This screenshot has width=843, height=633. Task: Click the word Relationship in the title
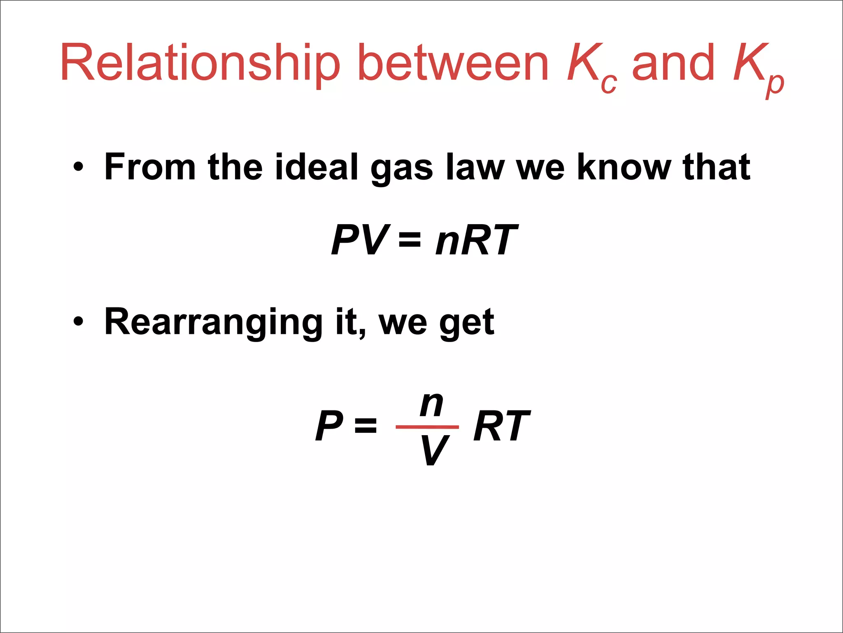[x=200, y=63]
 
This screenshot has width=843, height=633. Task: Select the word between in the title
[x=453, y=63]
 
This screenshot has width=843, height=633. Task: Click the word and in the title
[x=673, y=63]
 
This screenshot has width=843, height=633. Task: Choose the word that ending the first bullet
[x=716, y=166]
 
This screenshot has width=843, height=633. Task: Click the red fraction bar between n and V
[x=427, y=427]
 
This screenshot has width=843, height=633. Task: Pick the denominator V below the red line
[x=434, y=450]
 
